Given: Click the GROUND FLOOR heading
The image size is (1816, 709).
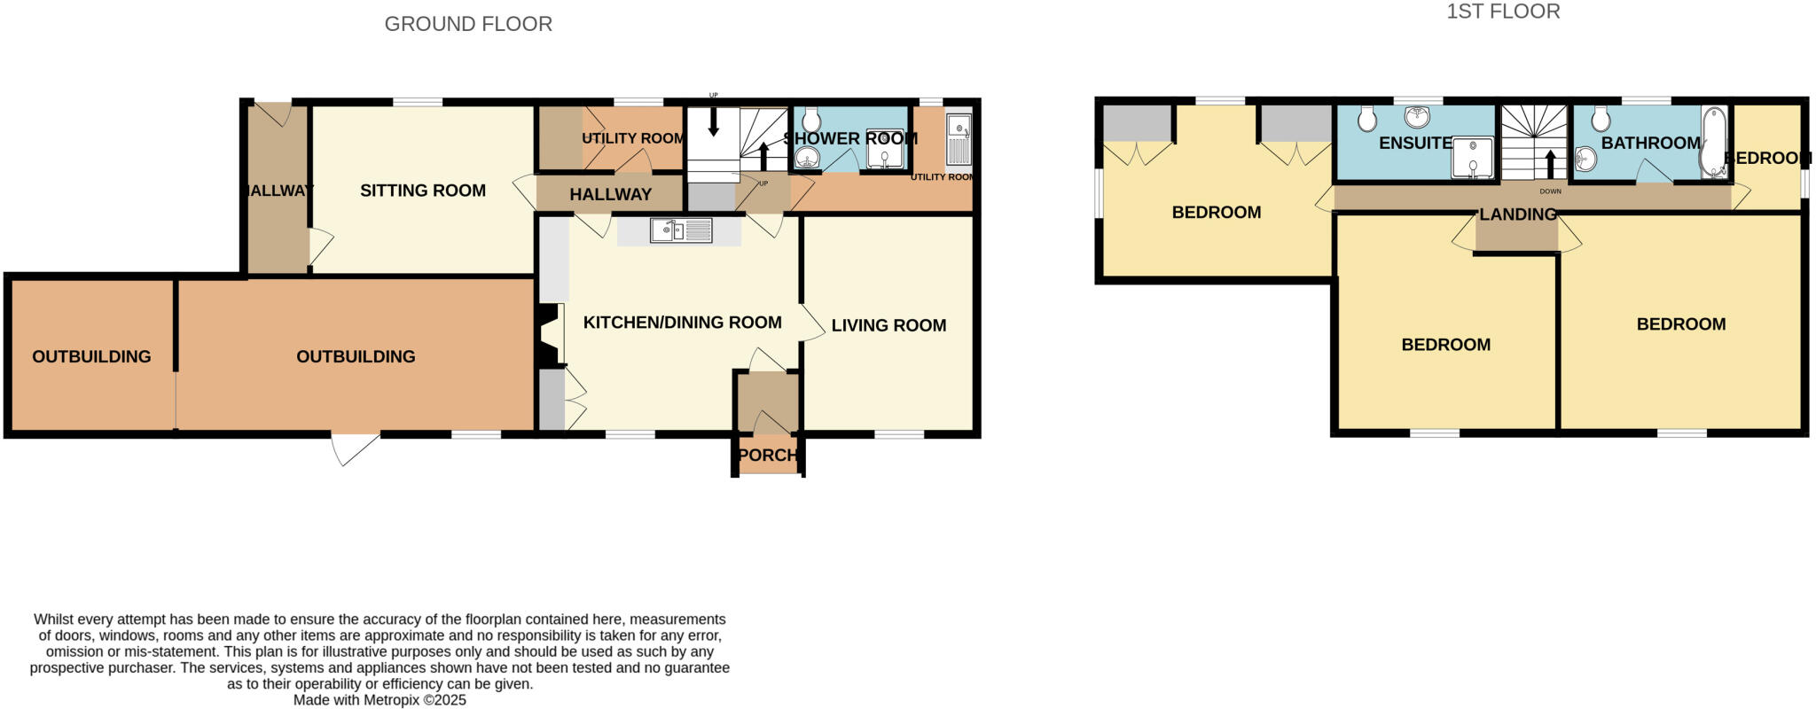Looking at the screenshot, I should [468, 24].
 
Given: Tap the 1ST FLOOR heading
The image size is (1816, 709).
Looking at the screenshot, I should [1503, 12].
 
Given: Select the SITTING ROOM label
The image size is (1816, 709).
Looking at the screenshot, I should [422, 191].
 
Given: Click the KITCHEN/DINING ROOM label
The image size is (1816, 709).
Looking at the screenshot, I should [682, 323].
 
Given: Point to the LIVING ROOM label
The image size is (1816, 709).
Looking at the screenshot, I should [888, 325].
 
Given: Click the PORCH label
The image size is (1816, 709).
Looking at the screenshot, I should [767, 455].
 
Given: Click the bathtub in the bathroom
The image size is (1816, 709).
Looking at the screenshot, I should [1713, 142].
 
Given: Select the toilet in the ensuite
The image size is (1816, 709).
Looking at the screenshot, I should [1367, 118].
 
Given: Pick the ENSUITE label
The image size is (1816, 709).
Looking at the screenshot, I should [1414, 143].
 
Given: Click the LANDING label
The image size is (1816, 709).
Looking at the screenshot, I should [1517, 214].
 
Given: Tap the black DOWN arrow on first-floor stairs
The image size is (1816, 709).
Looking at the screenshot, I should [1550, 165].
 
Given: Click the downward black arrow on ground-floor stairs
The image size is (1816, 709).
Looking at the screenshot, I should [713, 123].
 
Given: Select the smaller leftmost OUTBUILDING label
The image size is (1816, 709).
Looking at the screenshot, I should [91, 356].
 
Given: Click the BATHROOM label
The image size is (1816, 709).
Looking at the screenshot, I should [1650, 143].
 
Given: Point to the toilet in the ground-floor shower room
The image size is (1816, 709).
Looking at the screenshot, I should [810, 121].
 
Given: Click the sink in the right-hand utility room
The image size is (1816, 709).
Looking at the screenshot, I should [959, 140].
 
